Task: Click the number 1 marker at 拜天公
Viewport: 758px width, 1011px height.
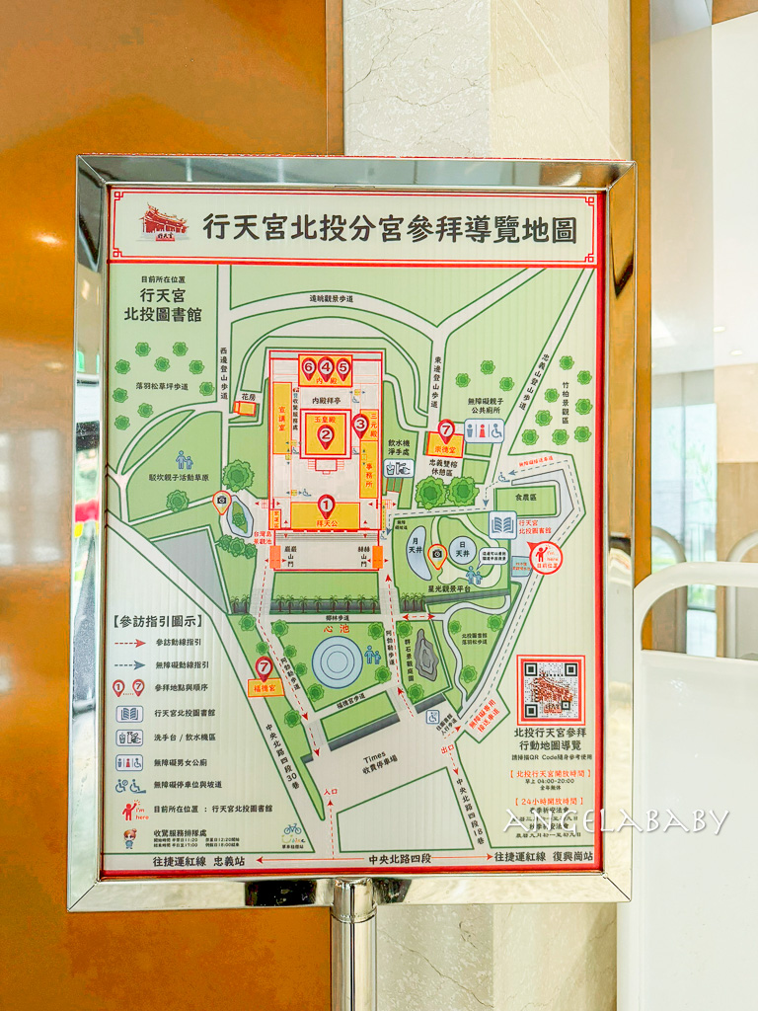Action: click(x=326, y=505)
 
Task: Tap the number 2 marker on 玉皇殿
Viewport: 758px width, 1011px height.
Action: click(x=325, y=432)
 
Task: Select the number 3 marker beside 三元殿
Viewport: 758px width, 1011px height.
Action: click(x=360, y=425)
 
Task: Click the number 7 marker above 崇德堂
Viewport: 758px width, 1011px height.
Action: click(x=446, y=428)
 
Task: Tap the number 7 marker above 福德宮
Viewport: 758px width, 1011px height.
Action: click(x=264, y=667)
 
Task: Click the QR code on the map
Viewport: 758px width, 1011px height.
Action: click(x=551, y=689)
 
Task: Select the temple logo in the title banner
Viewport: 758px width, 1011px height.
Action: click(x=165, y=223)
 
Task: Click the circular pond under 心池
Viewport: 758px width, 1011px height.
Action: click(x=337, y=661)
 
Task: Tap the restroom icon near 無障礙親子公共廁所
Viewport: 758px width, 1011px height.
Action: click(x=484, y=430)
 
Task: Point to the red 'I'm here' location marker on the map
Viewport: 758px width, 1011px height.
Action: click(x=545, y=557)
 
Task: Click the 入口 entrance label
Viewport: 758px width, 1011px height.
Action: click(x=330, y=791)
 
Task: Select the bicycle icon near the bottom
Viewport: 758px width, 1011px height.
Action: click(x=292, y=829)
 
